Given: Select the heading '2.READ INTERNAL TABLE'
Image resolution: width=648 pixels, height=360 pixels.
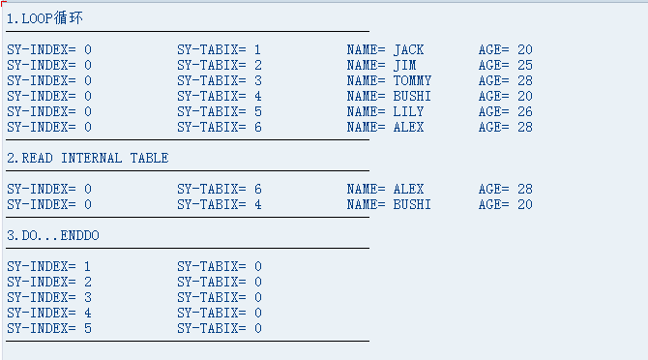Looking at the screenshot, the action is click(x=87, y=158).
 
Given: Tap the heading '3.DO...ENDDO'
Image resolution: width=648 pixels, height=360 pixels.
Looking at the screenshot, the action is click(x=52, y=235).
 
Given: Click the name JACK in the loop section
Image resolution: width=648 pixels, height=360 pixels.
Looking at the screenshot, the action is click(x=408, y=49).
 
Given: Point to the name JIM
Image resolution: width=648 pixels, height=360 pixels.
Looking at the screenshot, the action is click(x=404, y=65).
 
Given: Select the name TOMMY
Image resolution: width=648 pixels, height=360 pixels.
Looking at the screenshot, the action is click(x=412, y=80).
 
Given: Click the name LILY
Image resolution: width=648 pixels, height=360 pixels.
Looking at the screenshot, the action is click(x=408, y=111).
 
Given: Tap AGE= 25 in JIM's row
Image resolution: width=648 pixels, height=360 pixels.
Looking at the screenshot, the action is click(x=505, y=65).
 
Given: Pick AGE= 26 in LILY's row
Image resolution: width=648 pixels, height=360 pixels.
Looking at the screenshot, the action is click(x=505, y=111).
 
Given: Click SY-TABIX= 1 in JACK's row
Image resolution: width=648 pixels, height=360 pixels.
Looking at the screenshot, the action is click(x=220, y=49).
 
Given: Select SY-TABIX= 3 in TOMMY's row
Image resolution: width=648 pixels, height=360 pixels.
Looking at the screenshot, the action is click(x=220, y=80).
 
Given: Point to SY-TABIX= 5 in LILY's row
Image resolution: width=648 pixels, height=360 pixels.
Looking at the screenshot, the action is click(x=220, y=111).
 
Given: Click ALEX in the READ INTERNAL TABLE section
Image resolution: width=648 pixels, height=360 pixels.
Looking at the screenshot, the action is click(x=408, y=189).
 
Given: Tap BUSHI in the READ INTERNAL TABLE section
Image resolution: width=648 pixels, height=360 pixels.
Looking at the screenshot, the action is click(x=412, y=204).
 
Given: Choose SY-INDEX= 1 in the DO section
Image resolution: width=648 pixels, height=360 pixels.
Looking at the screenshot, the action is click(x=49, y=266).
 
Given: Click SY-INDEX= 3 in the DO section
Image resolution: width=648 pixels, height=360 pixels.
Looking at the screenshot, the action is click(x=49, y=297).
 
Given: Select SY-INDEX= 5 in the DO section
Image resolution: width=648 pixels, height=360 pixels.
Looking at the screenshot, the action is click(x=49, y=328).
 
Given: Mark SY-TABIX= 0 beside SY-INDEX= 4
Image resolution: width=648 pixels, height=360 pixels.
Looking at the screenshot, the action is click(x=220, y=313).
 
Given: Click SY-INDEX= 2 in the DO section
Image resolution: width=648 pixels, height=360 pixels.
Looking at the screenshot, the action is click(x=49, y=282).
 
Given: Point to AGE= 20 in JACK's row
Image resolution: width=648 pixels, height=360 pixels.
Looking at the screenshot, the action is click(x=505, y=49).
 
